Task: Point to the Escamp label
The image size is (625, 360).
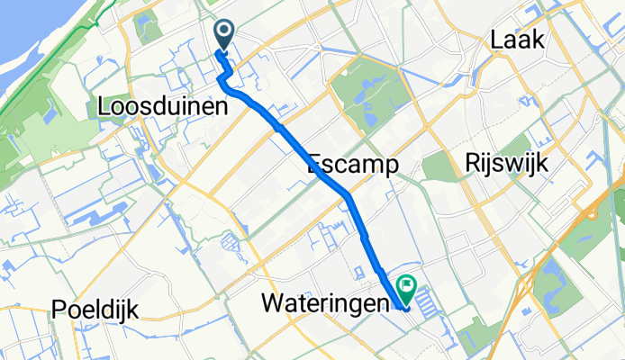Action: [x=352, y=165]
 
